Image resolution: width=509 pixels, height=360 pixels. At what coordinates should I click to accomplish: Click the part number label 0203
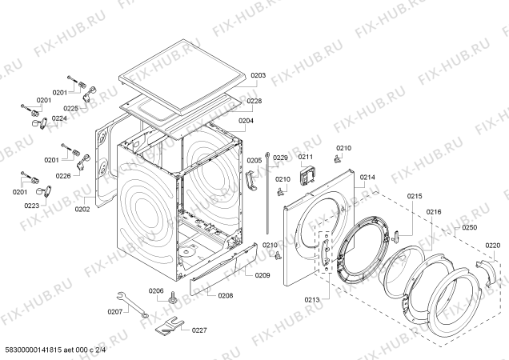coord(258,76)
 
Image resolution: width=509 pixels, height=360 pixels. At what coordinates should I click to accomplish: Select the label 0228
coord(254,101)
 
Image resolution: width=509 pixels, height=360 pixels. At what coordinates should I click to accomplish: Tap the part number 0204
coord(246,121)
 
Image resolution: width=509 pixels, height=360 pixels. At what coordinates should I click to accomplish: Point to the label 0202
coord(82,210)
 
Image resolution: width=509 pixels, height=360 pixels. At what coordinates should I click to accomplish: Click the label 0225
coord(71,109)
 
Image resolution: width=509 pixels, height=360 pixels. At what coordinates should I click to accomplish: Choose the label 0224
coord(60,119)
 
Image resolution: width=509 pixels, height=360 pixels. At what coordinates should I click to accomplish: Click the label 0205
coord(254,161)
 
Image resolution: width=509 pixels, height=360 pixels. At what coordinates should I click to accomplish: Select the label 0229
coord(280,158)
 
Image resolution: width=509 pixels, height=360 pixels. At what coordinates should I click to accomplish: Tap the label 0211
coord(305,158)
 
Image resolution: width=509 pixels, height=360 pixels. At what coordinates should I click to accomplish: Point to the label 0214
coord(367,177)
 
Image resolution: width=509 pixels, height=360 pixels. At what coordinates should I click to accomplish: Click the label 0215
coord(414,196)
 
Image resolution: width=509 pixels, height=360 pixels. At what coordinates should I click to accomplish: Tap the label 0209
coord(263,275)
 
